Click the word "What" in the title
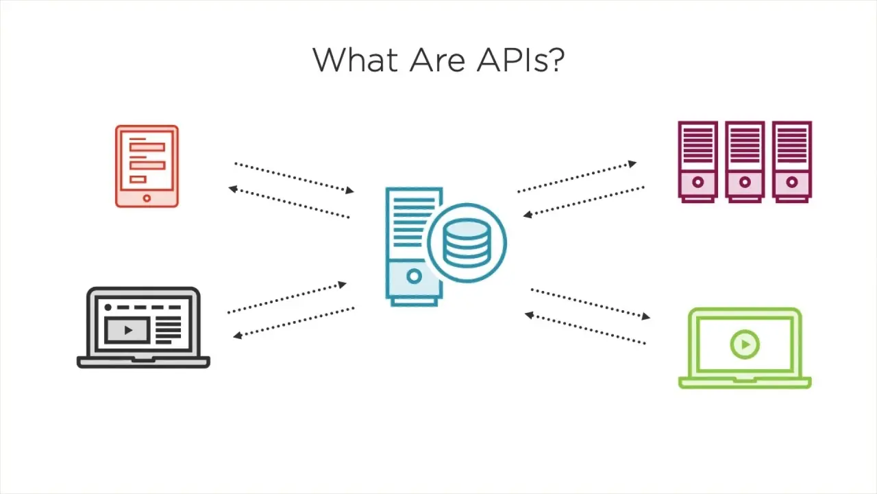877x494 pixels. pos(356,60)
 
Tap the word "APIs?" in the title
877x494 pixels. pos(521,60)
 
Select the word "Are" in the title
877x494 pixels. pos(437,60)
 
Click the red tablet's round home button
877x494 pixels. pos(147,198)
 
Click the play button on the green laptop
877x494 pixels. pos(745,344)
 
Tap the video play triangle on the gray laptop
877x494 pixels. pos(128,331)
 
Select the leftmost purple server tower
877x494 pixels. pos(697,162)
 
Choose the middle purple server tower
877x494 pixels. pos(745,162)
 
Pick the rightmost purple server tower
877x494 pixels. pos(791,162)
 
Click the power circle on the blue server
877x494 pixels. pos(414,276)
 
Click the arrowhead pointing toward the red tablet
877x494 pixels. pos(233,189)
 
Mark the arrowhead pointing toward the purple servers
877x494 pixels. pos(632,163)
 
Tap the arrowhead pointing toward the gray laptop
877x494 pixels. pos(238,336)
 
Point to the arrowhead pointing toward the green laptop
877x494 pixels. pos(646,316)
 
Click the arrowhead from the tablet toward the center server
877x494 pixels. pos(349,191)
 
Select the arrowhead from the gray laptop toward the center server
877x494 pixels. pos(342,284)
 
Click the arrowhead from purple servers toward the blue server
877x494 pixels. pos(528,215)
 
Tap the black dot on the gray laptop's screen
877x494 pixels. pos(108,307)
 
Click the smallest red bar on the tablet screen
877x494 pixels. pos(138,180)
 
